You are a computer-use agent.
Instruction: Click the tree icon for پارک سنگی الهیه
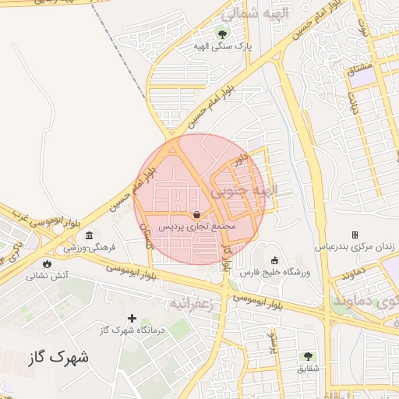pos(223,34)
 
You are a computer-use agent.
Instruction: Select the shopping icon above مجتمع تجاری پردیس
pos(196,214)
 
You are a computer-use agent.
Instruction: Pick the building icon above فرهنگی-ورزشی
pos(90,235)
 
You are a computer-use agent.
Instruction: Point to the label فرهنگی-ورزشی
pos(90,247)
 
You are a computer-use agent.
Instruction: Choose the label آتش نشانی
pos(48,275)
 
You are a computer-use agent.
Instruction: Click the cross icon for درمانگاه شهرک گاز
pos(132,318)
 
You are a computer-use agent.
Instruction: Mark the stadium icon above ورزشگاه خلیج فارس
pos(274,260)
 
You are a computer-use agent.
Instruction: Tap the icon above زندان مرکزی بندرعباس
pos(355,235)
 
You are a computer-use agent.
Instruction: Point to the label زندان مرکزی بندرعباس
pos(355,246)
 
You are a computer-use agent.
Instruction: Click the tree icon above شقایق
pos(309,356)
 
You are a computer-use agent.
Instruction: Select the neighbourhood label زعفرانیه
pos(191,301)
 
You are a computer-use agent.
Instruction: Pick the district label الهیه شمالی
pos(255,13)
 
